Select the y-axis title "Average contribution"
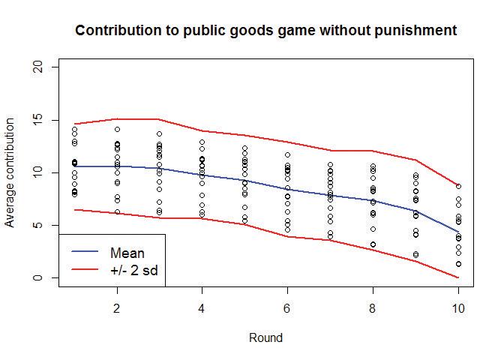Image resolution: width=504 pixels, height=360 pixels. (x=10, y=172)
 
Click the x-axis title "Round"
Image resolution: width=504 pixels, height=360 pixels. (x=265, y=338)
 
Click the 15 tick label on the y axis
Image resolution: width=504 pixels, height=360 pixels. (x=46, y=120)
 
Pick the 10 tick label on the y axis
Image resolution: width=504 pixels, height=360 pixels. (x=46, y=172)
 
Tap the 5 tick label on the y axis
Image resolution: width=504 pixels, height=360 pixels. (x=46, y=225)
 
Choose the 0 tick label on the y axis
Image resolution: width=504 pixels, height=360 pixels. (x=46, y=278)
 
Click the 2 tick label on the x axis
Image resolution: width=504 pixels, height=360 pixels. (x=117, y=308)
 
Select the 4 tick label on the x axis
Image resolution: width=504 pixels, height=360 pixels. (x=202, y=308)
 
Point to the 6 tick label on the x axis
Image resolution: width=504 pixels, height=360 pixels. (x=287, y=308)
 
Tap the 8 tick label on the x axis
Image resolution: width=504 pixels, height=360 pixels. (x=373, y=308)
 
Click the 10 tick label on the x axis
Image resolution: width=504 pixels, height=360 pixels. (x=458, y=308)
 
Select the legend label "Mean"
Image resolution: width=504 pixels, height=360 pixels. (x=127, y=253)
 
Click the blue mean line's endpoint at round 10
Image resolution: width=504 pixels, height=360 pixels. (x=458, y=232)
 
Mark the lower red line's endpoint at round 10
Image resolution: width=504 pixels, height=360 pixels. (x=458, y=277)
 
